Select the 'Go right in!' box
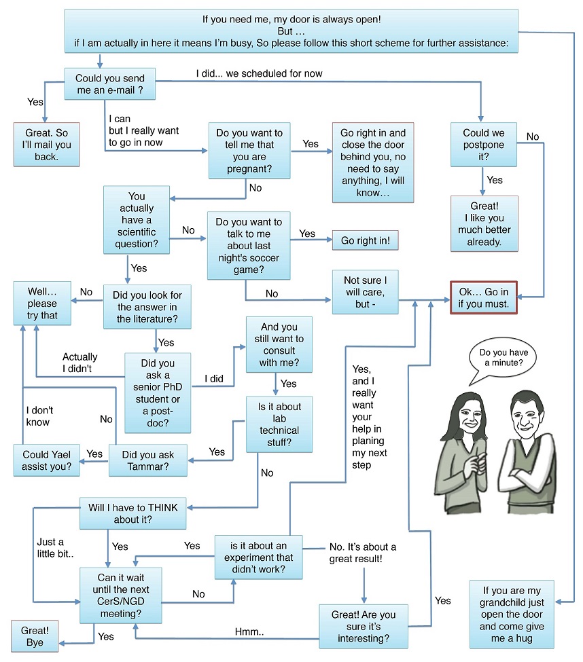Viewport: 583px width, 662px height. pyautogui.click(x=365, y=240)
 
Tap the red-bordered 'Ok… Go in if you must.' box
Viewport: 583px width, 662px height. pyautogui.click(x=483, y=297)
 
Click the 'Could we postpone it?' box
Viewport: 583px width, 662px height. pyautogui.click(x=484, y=144)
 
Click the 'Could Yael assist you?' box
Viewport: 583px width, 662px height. pyautogui.click(x=47, y=460)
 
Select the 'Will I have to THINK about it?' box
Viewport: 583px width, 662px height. pyautogui.click(x=132, y=513)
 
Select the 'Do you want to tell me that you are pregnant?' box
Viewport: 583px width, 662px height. pyautogui.click(x=249, y=150)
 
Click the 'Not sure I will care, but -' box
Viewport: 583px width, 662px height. pyautogui.click(x=364, y=291)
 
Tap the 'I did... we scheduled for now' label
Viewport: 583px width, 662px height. pyautogui.click(x=259, y=73)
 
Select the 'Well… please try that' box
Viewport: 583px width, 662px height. pyautogui.click(x=42, y=304)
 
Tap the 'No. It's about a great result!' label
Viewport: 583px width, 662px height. pyautogui.click(x=362, y=553)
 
